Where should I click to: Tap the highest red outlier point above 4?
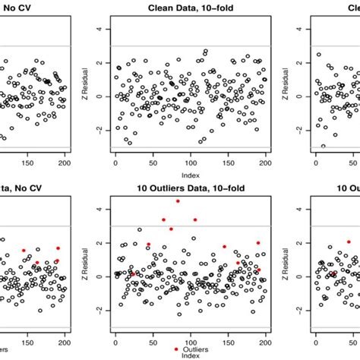coord(178,201)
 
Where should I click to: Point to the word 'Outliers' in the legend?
coord(195,349)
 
